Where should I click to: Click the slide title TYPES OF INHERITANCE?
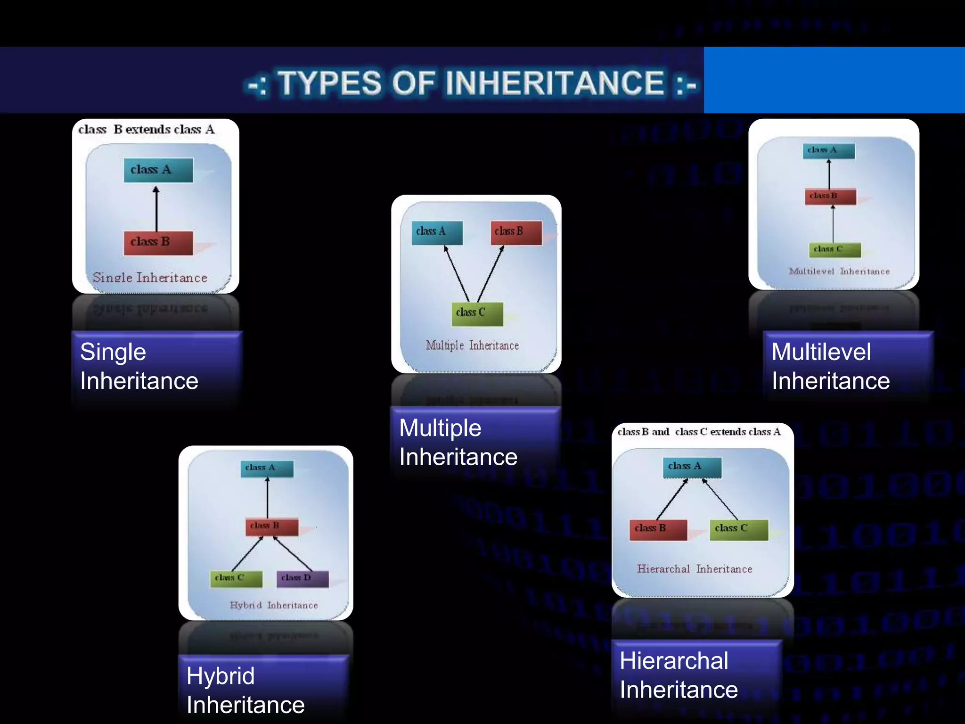(471, 83)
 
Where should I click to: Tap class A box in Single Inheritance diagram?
(158, 170)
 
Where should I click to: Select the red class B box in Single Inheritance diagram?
(158, 242)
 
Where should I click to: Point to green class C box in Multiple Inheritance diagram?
(477, 313)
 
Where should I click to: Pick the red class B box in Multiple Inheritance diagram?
(516, 232)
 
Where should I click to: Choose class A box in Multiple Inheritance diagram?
(437, 232)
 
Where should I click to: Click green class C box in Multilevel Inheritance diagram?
(834, 249)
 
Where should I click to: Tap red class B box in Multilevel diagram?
(830, 196)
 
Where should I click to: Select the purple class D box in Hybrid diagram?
(302, 578)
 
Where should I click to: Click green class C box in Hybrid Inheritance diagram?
(236, 578)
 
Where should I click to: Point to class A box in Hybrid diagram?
(267, 468)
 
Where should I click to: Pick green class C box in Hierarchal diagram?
(738, 529)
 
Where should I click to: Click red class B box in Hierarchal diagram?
(658, 529)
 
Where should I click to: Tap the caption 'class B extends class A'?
(146, 130)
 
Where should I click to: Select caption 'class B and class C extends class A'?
(699, 432)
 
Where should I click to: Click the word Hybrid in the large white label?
(221, 676)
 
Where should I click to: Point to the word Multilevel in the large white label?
(821, 352)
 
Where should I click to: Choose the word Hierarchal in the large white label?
(674, 661)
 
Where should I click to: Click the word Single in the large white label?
(113, 352)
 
